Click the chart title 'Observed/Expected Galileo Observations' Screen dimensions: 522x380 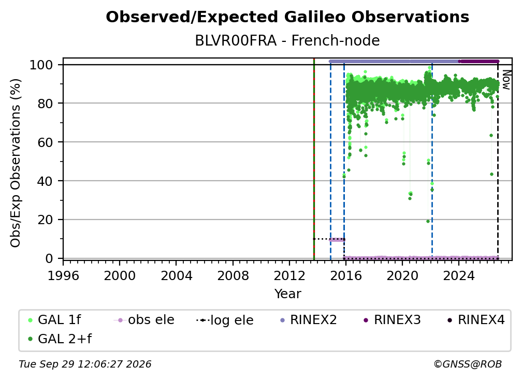[287, 17]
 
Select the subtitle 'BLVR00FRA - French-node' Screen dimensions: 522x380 [287, 40]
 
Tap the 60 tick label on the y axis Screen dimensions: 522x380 [45, 142]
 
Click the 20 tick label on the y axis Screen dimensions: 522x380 [45, 220]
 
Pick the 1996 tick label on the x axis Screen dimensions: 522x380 [63, 275]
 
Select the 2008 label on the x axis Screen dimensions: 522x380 [233, 275]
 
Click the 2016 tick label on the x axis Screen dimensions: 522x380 [345, 275]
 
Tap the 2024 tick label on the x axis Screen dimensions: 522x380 [458, 275]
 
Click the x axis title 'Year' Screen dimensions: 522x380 [287, 294]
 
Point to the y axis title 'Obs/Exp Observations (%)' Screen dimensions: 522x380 [16, 163]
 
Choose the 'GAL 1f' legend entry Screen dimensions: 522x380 [54, 320]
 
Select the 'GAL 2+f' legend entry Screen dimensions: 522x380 [60, 339]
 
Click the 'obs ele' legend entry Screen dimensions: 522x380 [144, 320]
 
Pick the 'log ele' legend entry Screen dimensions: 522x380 [225, 320]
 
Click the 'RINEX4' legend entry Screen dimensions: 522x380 [476, 320]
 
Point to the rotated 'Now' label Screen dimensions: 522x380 [506, 80]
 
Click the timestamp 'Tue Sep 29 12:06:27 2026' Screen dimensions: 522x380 [85, 364]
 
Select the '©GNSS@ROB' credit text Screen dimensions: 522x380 [468, 364]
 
